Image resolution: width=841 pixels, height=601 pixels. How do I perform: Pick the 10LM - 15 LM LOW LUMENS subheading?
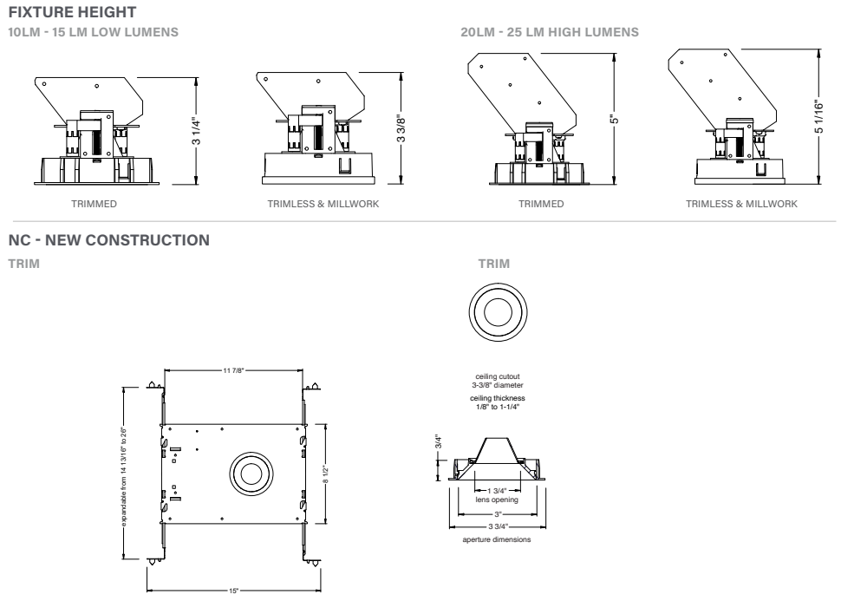[x=93, y=33]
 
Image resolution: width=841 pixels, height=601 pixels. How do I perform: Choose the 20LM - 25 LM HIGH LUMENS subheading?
[x=552, y=33]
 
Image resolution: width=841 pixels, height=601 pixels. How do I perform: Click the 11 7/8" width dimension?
[x=233, y=369]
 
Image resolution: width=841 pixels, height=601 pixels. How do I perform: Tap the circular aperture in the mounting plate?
[x=252, y=474]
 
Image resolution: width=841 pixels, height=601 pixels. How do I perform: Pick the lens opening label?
[x=497, y=500]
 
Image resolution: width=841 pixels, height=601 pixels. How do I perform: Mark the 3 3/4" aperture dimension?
[x=497, y=526]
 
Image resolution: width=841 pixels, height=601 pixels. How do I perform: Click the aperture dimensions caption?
[x=497, y=539]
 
